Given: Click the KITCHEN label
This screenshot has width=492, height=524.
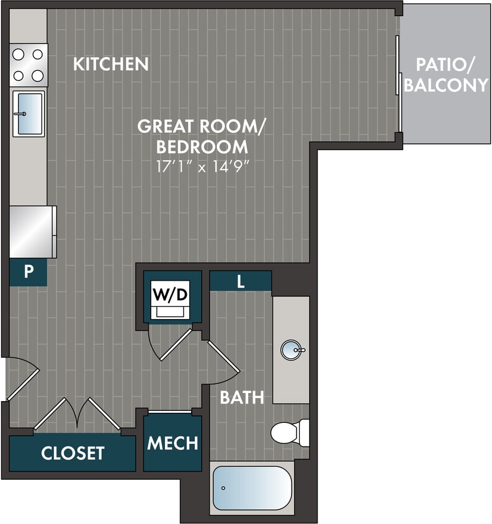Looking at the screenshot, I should click(110, 64).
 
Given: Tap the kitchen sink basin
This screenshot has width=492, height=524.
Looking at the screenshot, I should click(29, 113).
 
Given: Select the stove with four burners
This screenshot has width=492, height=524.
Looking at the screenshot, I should click(29, 65).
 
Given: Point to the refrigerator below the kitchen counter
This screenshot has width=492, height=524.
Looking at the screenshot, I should click(32, 232).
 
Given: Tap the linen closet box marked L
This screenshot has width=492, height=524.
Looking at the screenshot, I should click(240, 281).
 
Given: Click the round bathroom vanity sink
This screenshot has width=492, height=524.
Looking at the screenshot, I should click(292, 350).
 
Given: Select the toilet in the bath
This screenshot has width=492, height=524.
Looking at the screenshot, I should click(290, 432).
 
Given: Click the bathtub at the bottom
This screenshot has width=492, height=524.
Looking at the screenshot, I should click(252, 488).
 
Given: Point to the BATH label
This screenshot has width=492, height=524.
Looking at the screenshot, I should click(242, 397).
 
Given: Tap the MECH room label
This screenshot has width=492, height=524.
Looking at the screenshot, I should click(172, 443).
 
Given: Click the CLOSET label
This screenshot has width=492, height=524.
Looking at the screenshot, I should click(73, 453).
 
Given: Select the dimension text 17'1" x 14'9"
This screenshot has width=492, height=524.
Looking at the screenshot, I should click(201, 166).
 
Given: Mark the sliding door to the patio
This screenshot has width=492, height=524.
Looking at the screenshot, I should click(399, 84).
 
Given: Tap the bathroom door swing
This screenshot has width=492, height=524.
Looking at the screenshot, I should click(223, 363).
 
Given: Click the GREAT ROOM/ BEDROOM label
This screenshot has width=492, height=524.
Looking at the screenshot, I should click(201, 137).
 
